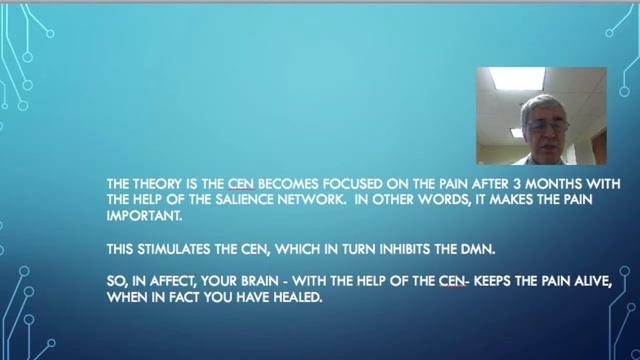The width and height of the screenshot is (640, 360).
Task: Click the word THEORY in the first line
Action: (x=155, y=183)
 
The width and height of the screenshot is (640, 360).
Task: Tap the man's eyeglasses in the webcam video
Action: (x=547, y=126)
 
